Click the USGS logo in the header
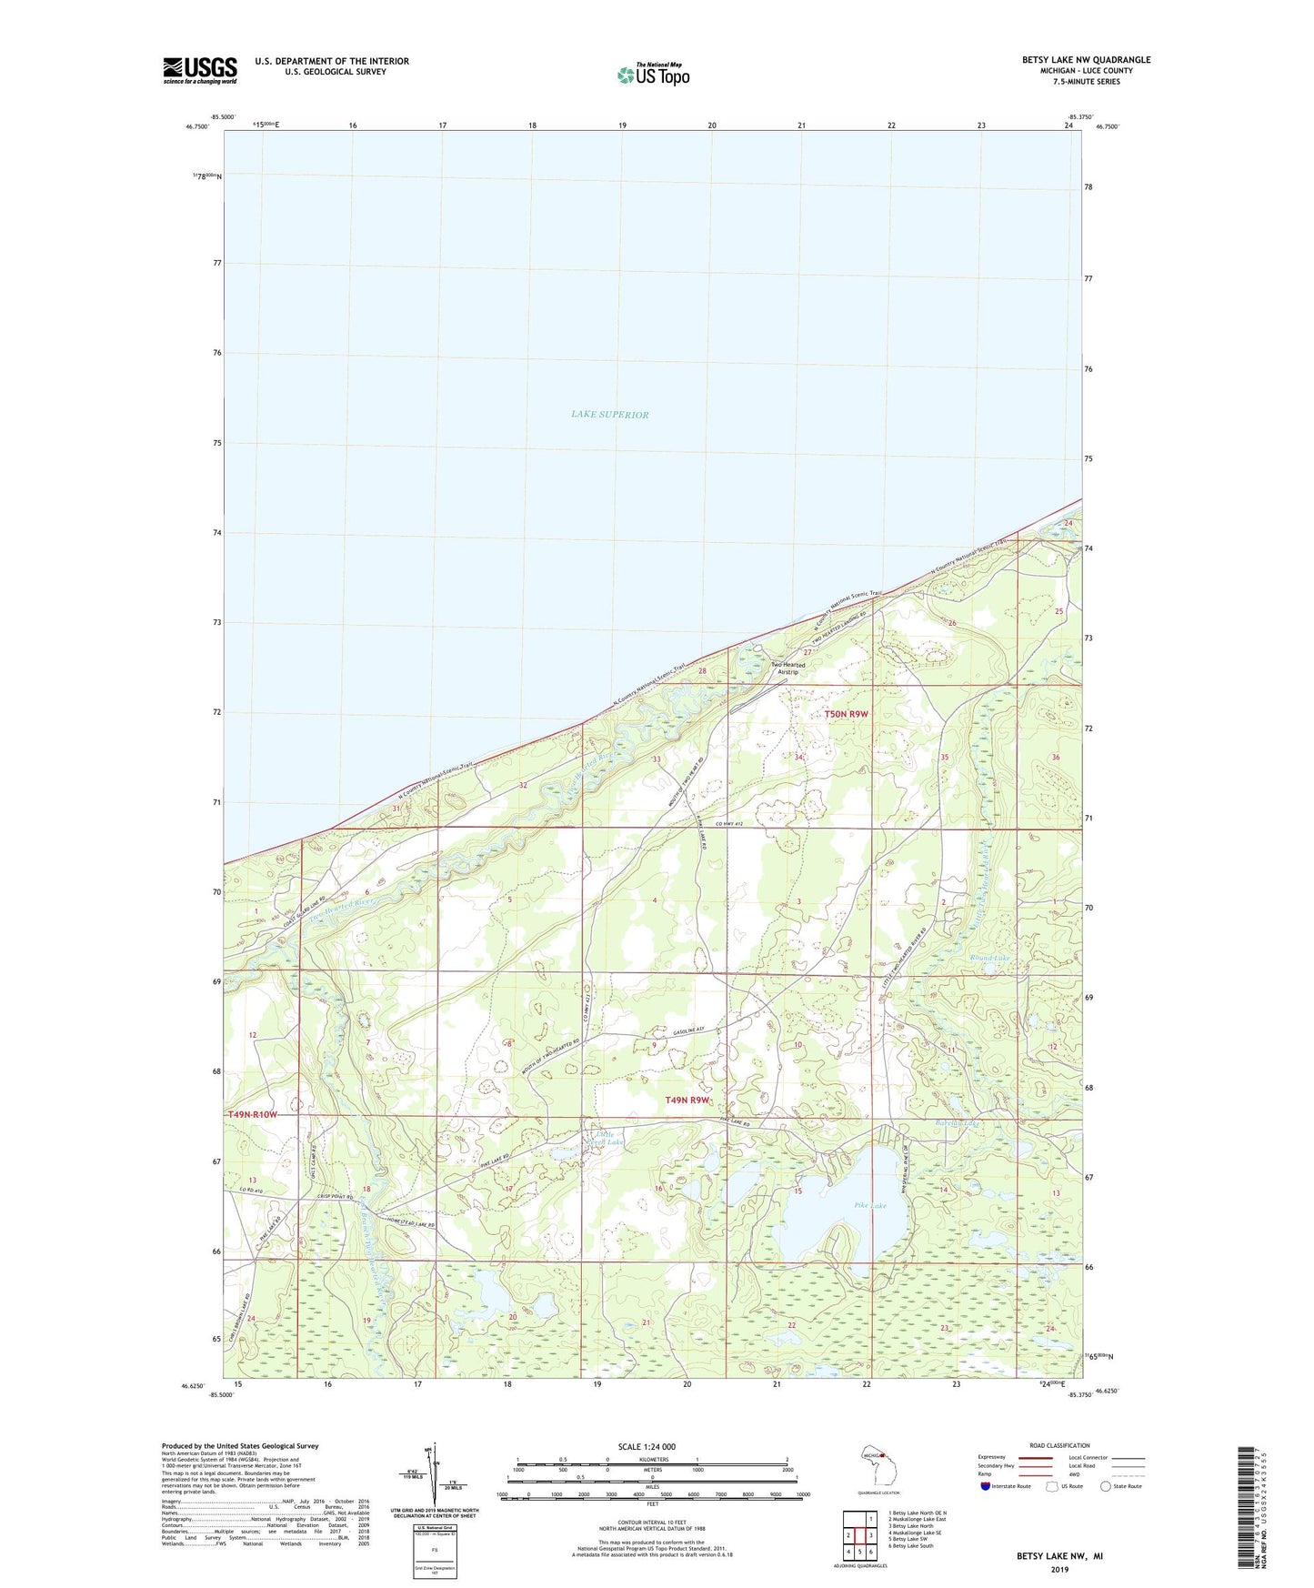tap(200, 70)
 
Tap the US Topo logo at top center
tap(652, 74)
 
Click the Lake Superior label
tap(609, 415)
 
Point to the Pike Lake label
tap(869, 1206)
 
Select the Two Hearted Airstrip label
tap(787, 668)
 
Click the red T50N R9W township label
tap(846, 714)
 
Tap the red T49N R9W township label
tap(687, 1100)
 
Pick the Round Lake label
tap(988, 958)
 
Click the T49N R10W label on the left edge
tap(252, 1114)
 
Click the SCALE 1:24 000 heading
tap(647, 1446)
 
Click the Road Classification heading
tap(1059, 1445)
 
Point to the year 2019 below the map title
tap(1059, 1569)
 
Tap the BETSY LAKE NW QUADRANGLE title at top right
tap(1086, 60)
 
